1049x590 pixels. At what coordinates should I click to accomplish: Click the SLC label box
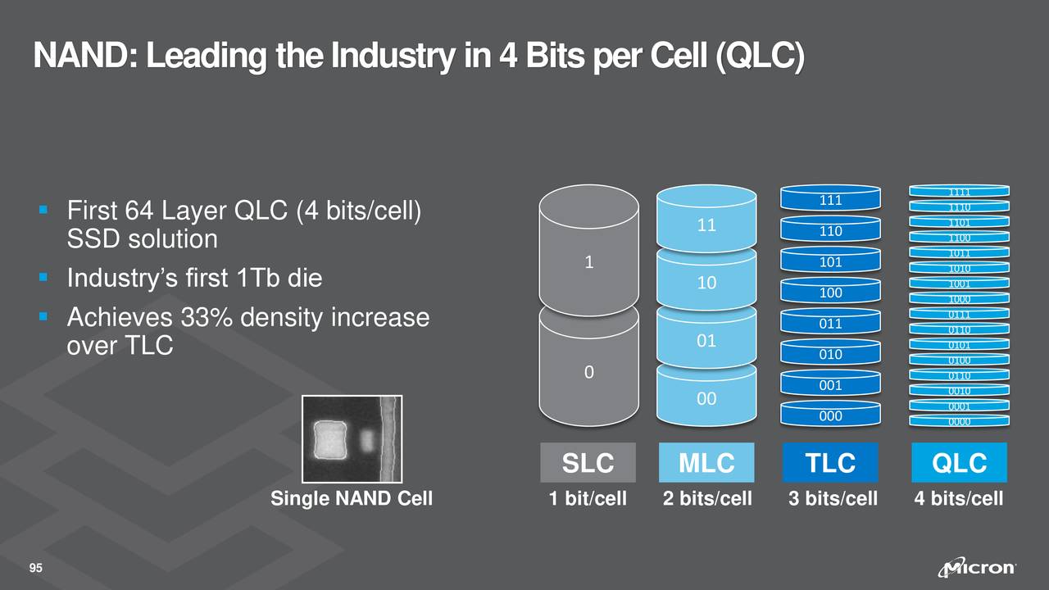point(588,463)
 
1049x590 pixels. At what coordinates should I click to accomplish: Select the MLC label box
point(706,463)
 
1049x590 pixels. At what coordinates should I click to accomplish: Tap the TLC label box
point(830,463)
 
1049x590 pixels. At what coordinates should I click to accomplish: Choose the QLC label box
point(959,463)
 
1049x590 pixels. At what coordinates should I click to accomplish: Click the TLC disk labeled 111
point(830,199)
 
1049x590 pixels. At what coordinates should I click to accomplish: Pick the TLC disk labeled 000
point(830,415)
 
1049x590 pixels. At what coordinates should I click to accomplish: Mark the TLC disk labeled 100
point(830,292)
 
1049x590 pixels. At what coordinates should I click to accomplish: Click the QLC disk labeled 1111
point(960,192)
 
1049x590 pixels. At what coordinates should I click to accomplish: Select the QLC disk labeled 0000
point(960,421)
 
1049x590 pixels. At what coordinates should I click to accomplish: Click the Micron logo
point(979,568)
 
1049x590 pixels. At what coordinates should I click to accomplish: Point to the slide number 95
point(36,569)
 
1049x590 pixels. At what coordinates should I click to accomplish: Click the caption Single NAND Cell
point(352,498)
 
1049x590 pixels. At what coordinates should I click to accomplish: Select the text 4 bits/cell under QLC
point(958,498)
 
